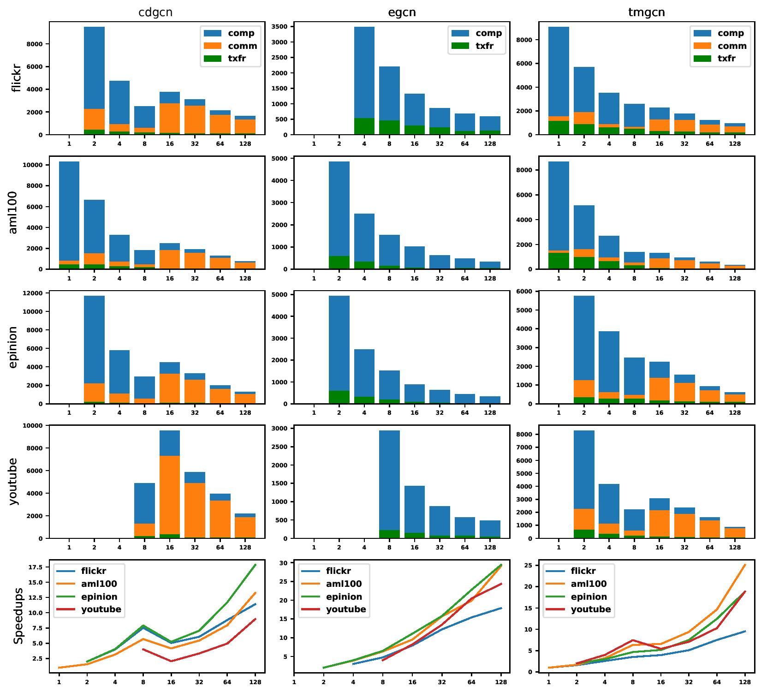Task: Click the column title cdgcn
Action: point(155,12)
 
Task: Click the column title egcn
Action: point(402,12)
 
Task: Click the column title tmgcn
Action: point(647,12)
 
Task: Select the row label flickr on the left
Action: point(16,79)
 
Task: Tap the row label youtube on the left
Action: point(13,481)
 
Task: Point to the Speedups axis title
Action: point(18,615)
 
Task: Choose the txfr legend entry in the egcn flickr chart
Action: point(488,46)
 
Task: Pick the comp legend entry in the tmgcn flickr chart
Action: point(731,33)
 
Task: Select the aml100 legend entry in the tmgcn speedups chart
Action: point(589,584)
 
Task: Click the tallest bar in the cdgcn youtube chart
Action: point(170,484)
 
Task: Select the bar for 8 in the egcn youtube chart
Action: point(389,484)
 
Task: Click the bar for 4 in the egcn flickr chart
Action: point(364,81)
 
